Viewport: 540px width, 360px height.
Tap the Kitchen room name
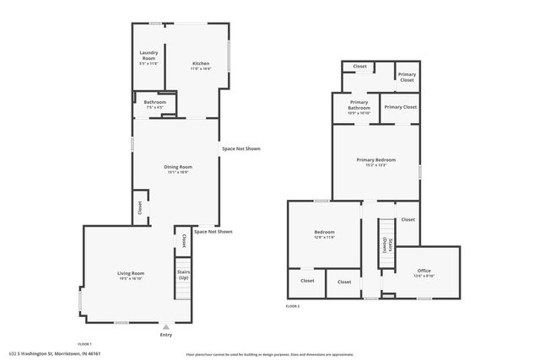tap(200, 63)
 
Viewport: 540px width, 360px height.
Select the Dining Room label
tap(178, 167)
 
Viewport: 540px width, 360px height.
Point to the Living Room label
tap(131, 273)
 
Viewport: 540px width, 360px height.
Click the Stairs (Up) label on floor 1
tap(183, 275)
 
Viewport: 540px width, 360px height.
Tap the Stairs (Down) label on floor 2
tap(386, 244)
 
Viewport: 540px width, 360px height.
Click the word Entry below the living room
tap(165, 335)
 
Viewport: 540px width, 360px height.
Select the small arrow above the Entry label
tap(165, 326)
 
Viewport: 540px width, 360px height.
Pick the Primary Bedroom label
tap(375, 159)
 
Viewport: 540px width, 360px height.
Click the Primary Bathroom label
tap(359, 105)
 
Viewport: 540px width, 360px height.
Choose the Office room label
tap(424, 271)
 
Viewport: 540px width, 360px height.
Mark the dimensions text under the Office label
tap(424, 276)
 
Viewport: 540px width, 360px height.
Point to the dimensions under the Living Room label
tap(131, 278)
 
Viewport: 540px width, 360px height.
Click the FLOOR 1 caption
tap(84, 344)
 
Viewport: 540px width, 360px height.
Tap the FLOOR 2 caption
tap(293, 305)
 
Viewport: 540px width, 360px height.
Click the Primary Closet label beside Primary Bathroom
tap(401, 108)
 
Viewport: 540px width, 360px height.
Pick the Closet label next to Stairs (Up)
tap(183, 240)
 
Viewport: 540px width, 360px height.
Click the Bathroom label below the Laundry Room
tap(155, 102)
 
